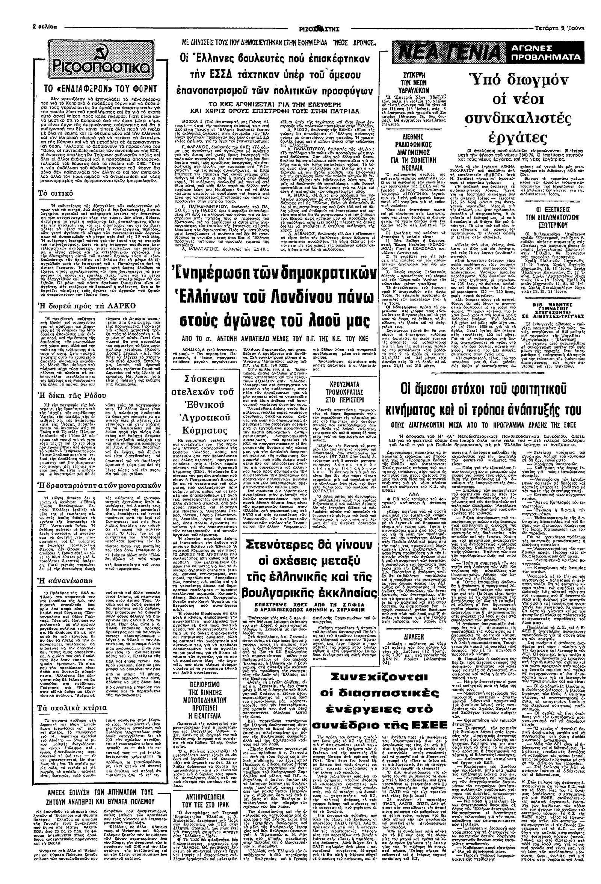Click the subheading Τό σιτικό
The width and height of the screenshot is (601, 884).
58,193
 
